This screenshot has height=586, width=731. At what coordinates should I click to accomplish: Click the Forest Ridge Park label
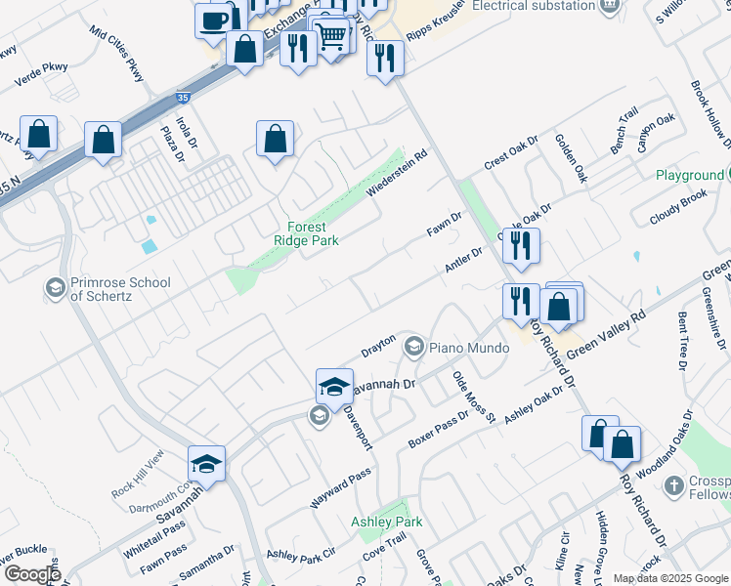[306, 232]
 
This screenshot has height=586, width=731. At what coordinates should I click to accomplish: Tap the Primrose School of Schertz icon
[56, 288]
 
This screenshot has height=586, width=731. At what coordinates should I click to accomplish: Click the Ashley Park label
[387, 522]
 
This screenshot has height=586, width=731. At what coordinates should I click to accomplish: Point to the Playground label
[689, 176]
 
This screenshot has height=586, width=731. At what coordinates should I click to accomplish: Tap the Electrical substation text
[533, 6]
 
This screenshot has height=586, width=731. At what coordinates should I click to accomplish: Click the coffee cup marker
[213, 21]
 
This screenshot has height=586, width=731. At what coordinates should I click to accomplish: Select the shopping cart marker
[332, 36]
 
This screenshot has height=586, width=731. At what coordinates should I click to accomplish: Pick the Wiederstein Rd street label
[398, 173]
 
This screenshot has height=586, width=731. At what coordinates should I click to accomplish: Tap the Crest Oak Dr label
[510, 156]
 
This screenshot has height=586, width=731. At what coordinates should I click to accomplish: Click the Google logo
[31, 574]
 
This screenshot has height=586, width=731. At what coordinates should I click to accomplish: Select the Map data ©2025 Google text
[669, 578]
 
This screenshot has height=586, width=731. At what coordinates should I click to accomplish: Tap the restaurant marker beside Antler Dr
[520, 248]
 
